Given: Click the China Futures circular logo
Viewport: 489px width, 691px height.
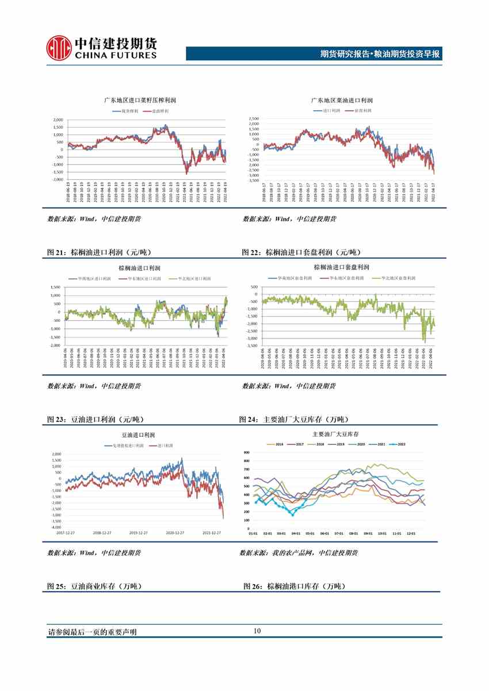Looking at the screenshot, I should (59, 47).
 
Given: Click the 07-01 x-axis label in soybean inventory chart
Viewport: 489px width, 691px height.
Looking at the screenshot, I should (338, 533).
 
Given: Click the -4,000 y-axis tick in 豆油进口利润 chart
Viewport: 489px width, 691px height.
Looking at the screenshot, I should (56, 527).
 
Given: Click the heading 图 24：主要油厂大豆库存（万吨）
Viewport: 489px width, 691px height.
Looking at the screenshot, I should (293, 419).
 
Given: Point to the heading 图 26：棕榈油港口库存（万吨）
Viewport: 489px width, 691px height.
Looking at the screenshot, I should (293, 586).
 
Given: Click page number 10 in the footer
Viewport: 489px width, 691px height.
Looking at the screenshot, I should (257, 631).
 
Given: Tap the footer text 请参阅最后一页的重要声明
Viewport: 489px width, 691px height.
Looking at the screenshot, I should (93, 632).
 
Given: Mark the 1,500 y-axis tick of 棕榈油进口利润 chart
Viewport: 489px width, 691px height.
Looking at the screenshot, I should (55, 286).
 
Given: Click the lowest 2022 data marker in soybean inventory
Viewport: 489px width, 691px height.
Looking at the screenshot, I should (292, 515).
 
